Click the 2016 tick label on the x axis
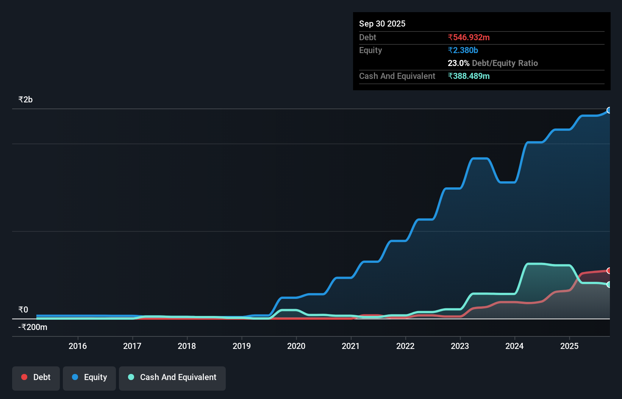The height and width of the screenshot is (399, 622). (x=78, y=346)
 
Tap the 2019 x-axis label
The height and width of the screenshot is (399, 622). (x=242, y=346)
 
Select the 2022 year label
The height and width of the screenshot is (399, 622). (x=405, y=346)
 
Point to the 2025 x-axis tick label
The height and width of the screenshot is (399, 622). (x=569, y=346)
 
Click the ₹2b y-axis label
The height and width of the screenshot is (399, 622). (x=25, y=100)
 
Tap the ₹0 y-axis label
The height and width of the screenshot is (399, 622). (x=23, y=310)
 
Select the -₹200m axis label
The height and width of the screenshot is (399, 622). (x=33, y=327)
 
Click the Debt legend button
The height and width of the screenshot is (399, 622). (x=36, y=377)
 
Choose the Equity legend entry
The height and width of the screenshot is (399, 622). (x=89, y=377)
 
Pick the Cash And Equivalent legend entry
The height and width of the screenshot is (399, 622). (x=172, y=377)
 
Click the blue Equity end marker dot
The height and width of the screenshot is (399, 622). (x=609, y=110)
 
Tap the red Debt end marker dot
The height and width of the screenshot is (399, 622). (x=609, y=271)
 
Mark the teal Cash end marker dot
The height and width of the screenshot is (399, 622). (x=609, y=284)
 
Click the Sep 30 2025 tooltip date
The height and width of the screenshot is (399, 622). (x=382, y=24)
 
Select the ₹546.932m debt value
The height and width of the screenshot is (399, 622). (x=469, y=38)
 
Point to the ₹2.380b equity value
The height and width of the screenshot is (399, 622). (x=463, y=50)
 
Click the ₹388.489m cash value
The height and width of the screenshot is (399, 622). (x=469, y=76)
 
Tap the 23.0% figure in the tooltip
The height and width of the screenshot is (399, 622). (x=458, y=63)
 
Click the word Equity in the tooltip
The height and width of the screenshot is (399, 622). (x=370, y=50)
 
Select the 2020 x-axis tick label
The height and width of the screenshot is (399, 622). (x=296, y=346)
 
